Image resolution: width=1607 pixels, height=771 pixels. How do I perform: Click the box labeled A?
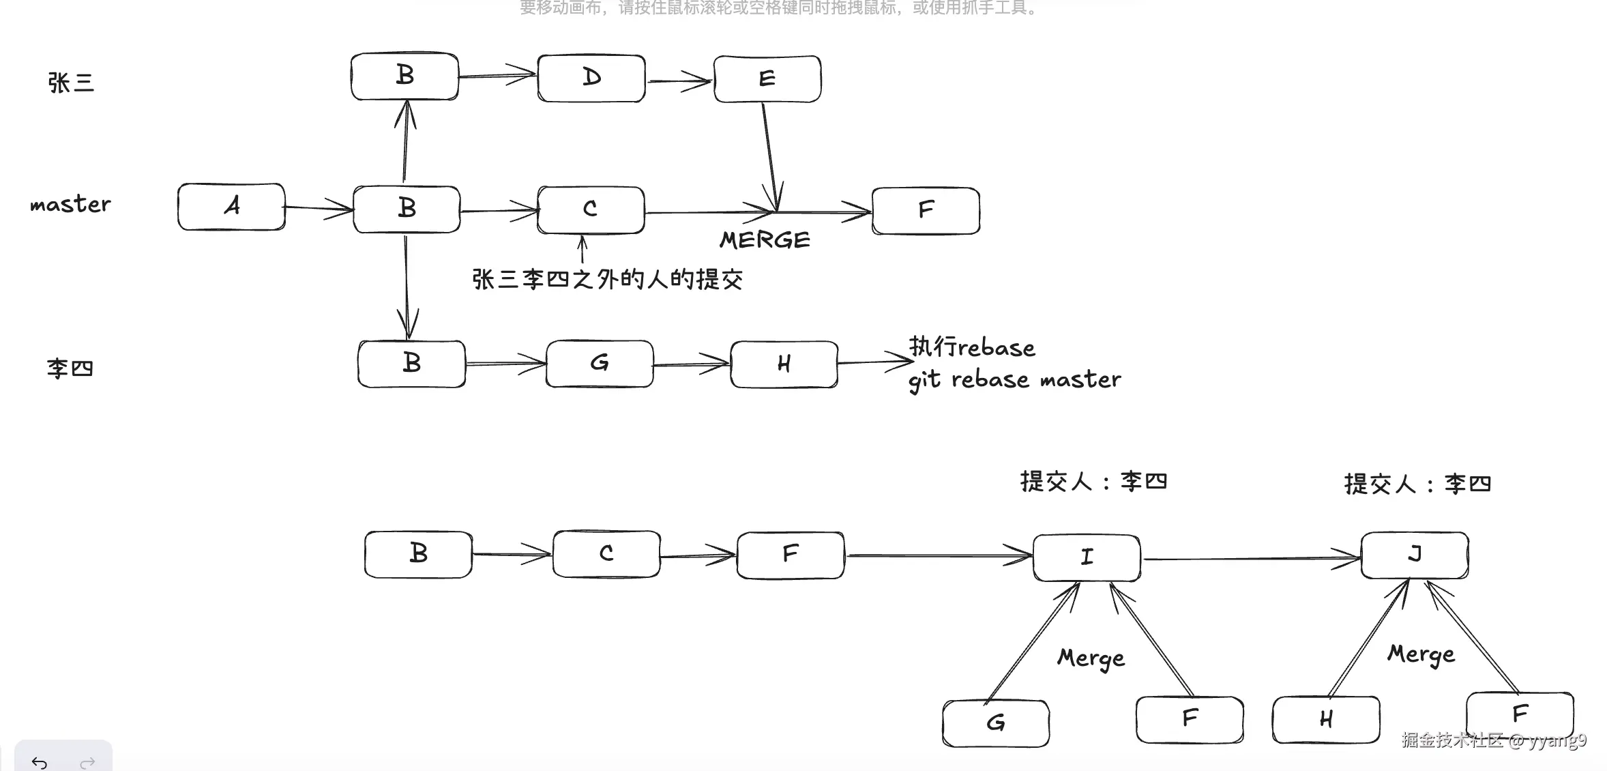click(231, 206)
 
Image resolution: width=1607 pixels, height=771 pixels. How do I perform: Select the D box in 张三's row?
click(591, 78)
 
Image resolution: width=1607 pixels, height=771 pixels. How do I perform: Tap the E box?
click(767, 78)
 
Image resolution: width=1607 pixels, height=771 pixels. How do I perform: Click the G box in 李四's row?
click(600, 364)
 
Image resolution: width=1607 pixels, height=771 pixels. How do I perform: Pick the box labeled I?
click(1087, 557)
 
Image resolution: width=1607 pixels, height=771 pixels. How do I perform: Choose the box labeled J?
click(1415, 555)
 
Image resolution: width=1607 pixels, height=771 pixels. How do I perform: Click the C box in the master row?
click(591, 209)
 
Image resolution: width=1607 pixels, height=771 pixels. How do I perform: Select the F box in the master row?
click(926, 210)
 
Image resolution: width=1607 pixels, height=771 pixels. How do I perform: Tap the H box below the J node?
click(1326, 719)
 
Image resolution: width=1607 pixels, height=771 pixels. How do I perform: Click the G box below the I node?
click(996, 723)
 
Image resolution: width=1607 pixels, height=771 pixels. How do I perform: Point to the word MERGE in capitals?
click(765, 240)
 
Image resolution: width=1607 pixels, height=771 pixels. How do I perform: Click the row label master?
click(70, 204)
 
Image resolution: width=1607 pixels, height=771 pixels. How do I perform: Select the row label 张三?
click(71, 83)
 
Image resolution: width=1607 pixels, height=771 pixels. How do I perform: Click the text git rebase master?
click(1014, 380)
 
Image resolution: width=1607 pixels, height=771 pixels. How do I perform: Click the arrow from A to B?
click(319, 207)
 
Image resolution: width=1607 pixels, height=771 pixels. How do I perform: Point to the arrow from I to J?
click(1250, 559)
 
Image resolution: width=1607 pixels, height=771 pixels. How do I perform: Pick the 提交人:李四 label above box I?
click(1093, 482)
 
